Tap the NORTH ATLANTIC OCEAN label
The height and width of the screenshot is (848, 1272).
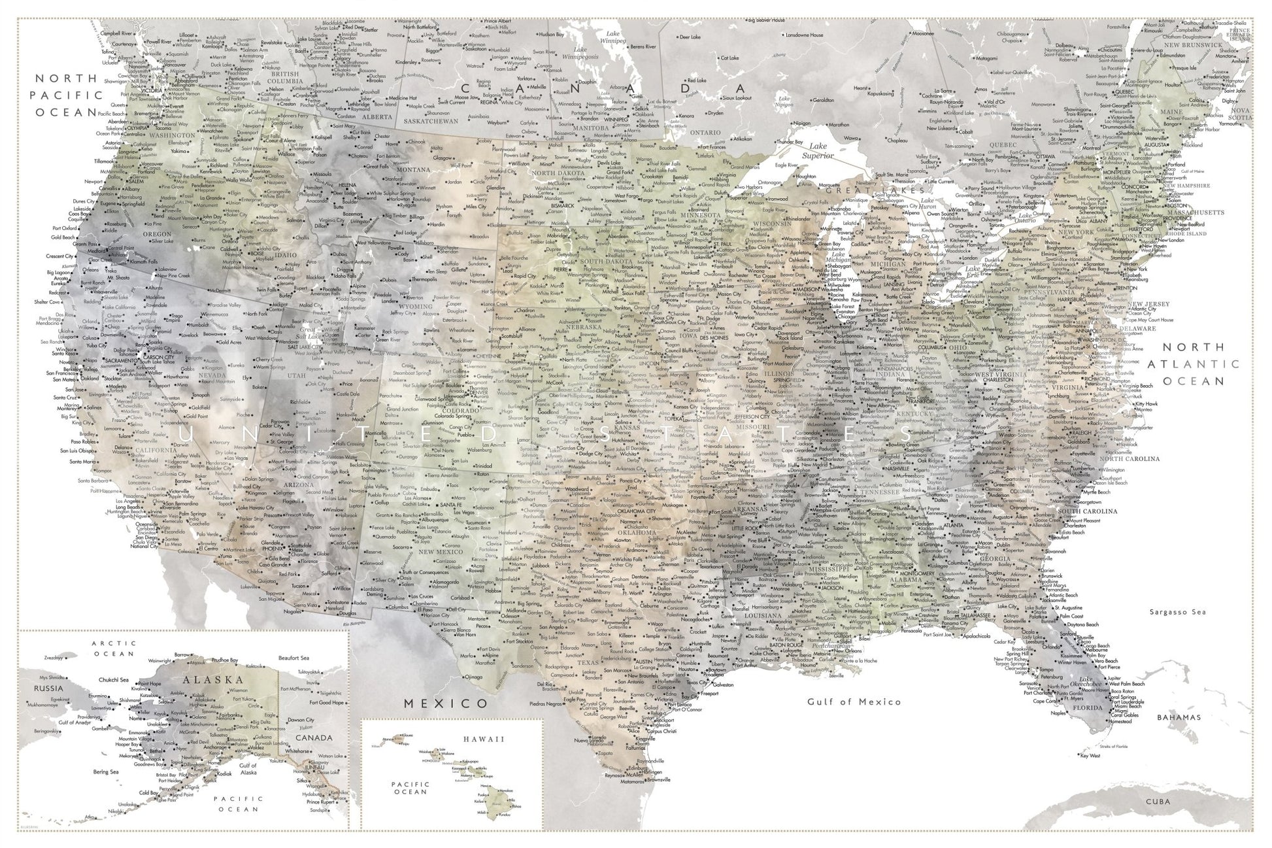(x=1199, y=364)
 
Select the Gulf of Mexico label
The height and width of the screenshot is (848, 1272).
(x=854, y=702)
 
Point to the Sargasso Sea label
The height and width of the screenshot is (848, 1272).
(x=1176, y=612)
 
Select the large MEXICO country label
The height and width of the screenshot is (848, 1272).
(x=446, y=704)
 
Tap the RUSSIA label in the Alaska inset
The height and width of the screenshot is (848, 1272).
(x=50, y=688)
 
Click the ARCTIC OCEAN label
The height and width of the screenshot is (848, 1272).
(x=113, y=649)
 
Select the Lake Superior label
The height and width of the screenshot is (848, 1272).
(x=818, y=151)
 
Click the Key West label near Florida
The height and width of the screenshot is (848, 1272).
(x=1090, y=756)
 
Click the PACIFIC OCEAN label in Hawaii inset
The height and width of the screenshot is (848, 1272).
(x=410, y=787)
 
